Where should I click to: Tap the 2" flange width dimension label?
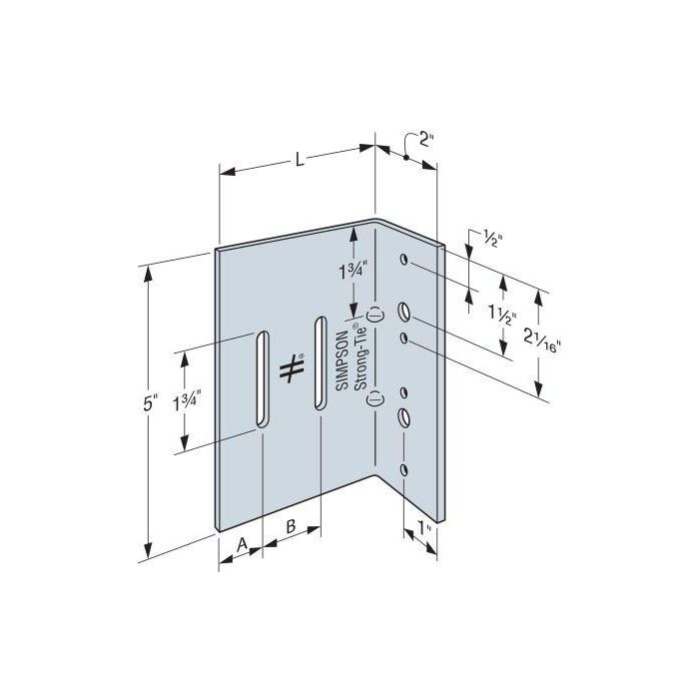[x=427, y=139]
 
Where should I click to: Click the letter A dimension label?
[x=240, y=543]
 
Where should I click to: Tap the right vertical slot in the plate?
[x=320, y=362]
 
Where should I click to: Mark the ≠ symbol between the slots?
[x=291, y=368]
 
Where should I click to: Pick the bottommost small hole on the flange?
[x=405, y=468]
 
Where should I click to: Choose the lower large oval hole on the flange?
[x=405, y=417]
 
